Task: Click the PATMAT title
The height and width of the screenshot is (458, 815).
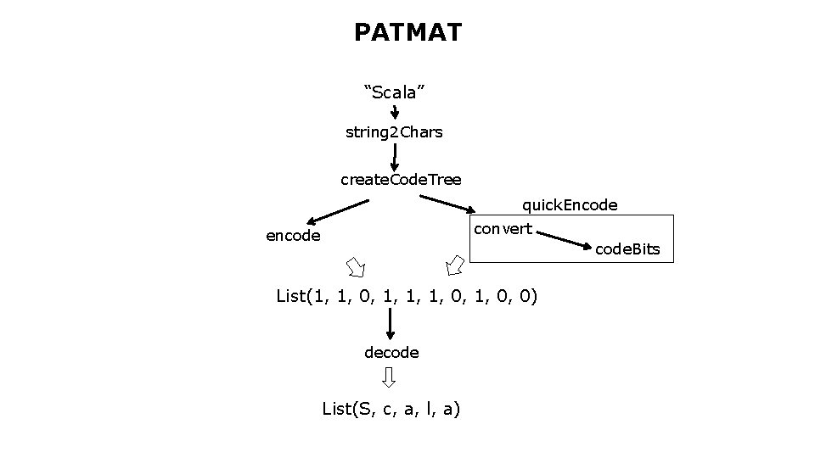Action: pos(407,33)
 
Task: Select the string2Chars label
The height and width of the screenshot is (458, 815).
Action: pos(394,132)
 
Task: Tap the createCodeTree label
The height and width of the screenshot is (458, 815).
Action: pos(401,180)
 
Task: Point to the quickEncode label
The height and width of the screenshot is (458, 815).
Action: pos(569,205)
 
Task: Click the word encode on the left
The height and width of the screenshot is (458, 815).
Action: pos(293,236)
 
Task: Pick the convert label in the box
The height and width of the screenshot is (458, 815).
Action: pos(503,229)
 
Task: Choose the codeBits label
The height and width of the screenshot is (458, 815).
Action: pos(627,249)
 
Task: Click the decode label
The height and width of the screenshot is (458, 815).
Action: pos(391,351)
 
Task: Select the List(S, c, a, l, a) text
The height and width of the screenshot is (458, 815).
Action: pos(391,410)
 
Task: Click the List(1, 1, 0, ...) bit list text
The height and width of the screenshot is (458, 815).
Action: pos(407,296)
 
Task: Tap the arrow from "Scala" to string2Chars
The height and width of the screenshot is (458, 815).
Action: pos(395,112)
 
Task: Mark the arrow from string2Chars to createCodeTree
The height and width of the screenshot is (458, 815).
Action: pos(395,157)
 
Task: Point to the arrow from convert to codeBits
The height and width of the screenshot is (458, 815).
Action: pos(565,240)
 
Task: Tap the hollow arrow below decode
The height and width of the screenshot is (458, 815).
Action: pos(389,377)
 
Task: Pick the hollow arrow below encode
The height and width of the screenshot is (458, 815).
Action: pos(355,266)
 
